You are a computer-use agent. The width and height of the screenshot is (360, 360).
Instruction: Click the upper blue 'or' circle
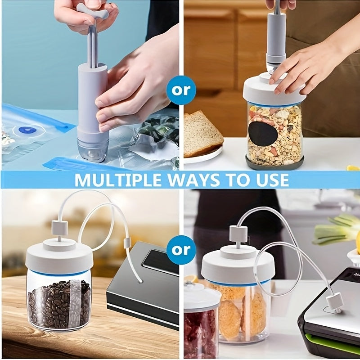click(x=181, y=90)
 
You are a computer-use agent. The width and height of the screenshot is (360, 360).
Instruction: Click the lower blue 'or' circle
click(x=181, y=250)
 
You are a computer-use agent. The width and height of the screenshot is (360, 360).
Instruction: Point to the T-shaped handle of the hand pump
click(x=93, y=11)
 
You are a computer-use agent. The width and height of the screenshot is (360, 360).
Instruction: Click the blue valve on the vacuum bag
click(x=27, y=130)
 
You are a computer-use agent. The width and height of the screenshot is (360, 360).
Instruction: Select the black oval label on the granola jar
click(x=263, y=134)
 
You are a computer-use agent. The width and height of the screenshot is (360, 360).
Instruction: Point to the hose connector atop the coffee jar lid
click(x=59, y=229)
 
